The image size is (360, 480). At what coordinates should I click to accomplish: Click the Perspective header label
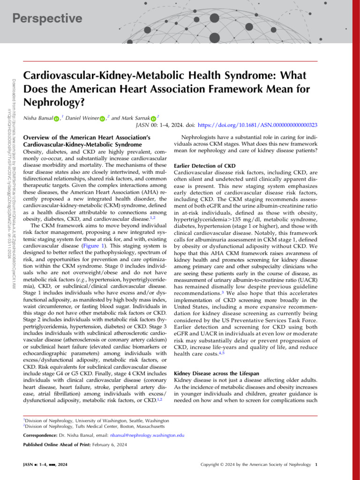(47, 18)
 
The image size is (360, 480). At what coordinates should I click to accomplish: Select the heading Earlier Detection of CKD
(204, 166)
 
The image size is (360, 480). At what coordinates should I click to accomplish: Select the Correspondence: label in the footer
(41, 435)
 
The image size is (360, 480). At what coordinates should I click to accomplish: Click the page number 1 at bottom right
(317, 465)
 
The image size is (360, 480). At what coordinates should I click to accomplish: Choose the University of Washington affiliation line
(96, 421)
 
